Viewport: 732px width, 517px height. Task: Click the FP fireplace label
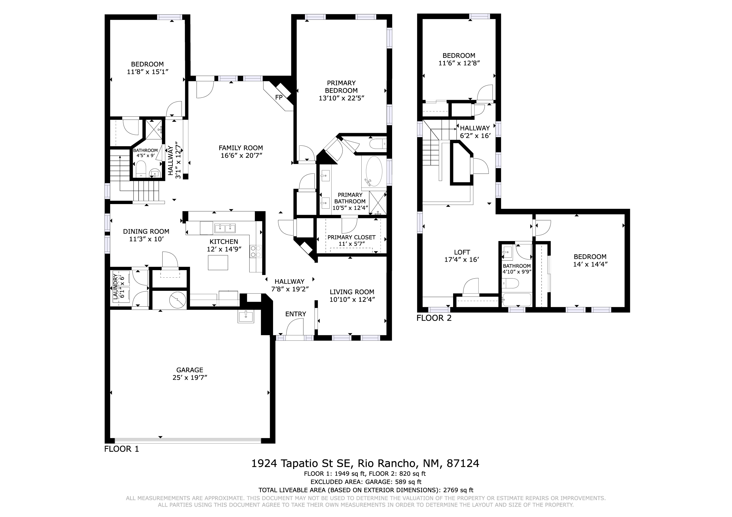tap(279, 98)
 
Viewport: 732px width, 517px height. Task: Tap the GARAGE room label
tap(190, 370)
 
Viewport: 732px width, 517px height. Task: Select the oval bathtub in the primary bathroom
tap(374, 171)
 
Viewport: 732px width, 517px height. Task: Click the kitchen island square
tap(218, 263)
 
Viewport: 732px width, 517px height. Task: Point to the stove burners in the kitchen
tap(256, 251)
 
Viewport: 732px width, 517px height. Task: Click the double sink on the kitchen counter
tap(225, 228)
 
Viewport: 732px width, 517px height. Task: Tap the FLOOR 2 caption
tap(434, 318)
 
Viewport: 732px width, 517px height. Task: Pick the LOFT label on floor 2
tap(462, 252)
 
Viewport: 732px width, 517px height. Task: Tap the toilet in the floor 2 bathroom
tap(510, 283)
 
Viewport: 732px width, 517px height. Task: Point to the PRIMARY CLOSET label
tap(351, 237)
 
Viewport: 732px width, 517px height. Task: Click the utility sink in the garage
tap(246, 317)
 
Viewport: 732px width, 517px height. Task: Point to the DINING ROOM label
tap(146, 232)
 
